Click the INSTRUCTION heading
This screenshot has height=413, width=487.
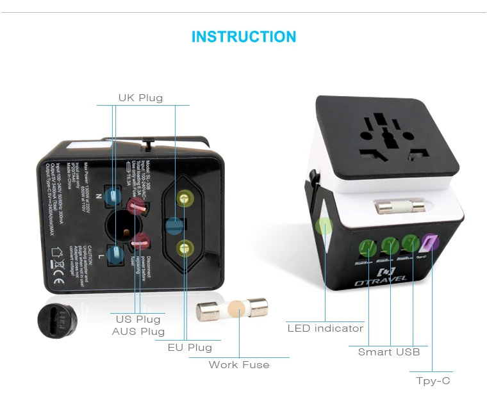pyautogui.click(x=244, y=36)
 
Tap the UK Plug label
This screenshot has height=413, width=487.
pyautogui.click(x=140, y=98)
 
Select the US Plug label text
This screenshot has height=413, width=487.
pyautogui.click(x=138, y=319)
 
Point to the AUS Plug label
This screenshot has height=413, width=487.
pyautogui.click(x=138, y=332)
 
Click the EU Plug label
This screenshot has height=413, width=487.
pyautogui.click(x=190, y=348)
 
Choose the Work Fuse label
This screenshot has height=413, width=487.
pyautogui.click(x=239, y=365)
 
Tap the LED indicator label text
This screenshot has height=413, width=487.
pyautogui.click(x=325, y=328)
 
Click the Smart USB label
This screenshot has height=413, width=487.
pyautogui.click(x=389, y=352)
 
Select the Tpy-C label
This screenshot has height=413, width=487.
pyautogui.click(x=433, y=381)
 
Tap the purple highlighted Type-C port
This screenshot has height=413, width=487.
pyautogui.click(x=430, y=243)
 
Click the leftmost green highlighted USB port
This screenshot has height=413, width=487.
pyautogui.click(x=370, y=247)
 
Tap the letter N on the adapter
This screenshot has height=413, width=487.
pyautogui.click(x=98, y=196)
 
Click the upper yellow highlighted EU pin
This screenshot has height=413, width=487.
pyautogui.click(x=185, y=200)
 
